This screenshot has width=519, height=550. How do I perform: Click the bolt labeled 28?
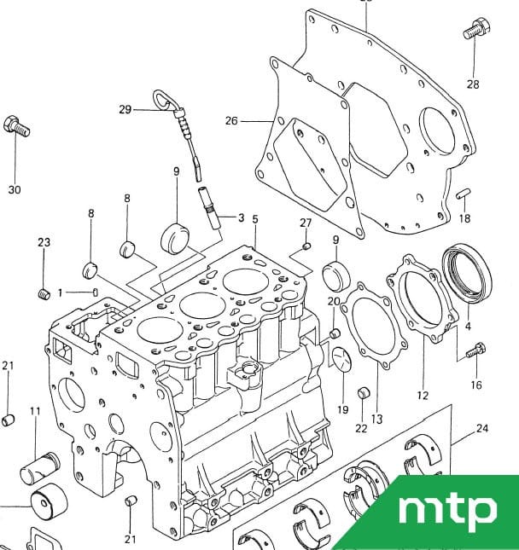coord(476,29)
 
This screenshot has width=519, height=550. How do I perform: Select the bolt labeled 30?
coord(16,126)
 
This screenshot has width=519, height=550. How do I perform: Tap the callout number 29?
coord(125,110)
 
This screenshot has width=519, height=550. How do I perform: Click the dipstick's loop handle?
coord(161,99)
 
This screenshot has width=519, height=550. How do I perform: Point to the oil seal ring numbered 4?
coord(467,272)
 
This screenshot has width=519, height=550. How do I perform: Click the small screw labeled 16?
coord(475,350)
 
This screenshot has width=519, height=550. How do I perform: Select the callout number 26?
coord(232,121)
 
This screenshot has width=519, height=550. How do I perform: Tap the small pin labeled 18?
coord(464,194)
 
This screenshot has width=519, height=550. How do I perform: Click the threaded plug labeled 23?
coord(44,294)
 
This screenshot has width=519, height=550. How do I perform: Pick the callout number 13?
coord(376,419)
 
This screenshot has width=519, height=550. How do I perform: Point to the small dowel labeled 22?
coord(363,393)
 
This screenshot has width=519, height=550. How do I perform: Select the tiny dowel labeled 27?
coord(306,246)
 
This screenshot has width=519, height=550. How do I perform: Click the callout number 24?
coord(482,428)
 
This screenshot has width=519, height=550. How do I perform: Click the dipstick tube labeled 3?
coord(210,208)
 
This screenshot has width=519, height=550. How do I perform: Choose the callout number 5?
coord(255,219)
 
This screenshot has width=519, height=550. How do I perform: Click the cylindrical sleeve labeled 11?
coord(39,468)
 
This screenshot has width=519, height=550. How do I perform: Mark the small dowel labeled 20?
coord(335,333)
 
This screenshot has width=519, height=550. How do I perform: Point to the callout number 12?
coord(423,396)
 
